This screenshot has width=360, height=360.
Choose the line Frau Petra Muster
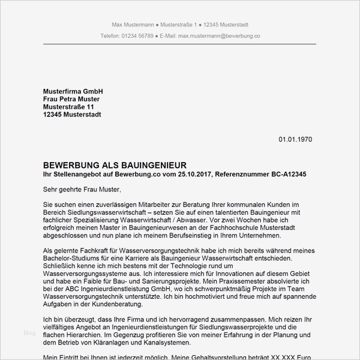[x=71, y=99]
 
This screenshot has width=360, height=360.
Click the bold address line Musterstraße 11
[x=68, y=107]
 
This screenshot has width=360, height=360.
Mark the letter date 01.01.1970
[x=295, y=139]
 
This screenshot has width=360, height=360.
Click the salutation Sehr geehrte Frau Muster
[x=82, y=190]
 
